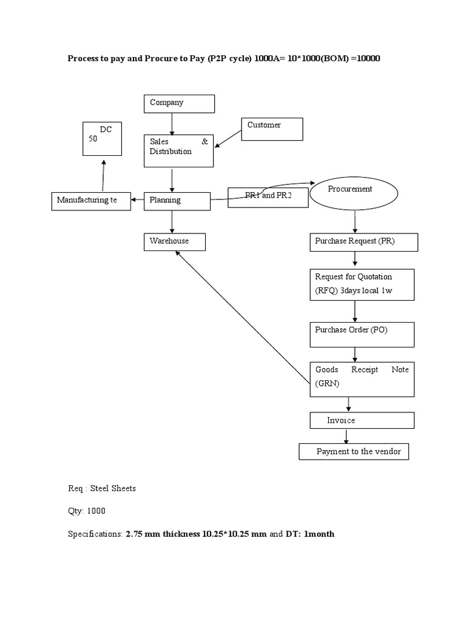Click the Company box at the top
(x=179, y=104)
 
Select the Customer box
(x=272, y=129)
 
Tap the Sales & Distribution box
(x=179, y=150)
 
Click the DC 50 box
(x=102, y=139)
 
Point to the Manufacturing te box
(x=90, y=201)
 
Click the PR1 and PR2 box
(x=268, y=198)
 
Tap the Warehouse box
(x=175, y=242)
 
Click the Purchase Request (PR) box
(x=363, y=243)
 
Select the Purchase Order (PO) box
(x=362, y=334)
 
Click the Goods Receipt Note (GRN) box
(x=362, y=379)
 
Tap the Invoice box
(x=362, y=420)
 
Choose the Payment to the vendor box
(x=354, y=452)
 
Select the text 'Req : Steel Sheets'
(x=101, y=489)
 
